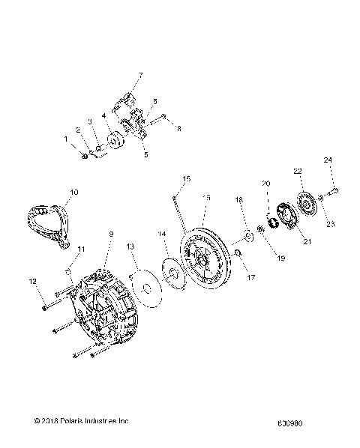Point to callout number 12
[x=31, y=282]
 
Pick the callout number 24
[x=327, y=160]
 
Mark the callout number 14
[x=163, y=234]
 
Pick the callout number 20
[x=265, y=184]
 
